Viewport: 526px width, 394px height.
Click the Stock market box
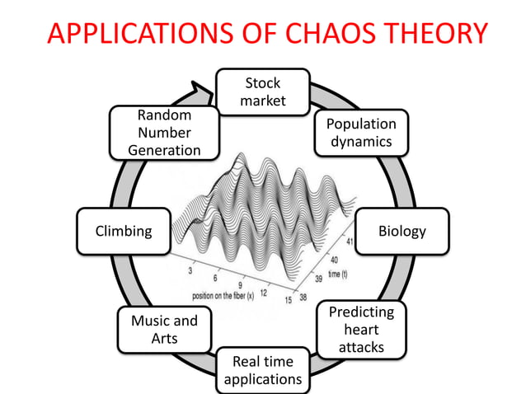262,91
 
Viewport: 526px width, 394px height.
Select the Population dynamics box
361,133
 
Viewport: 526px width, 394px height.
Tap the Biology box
402,231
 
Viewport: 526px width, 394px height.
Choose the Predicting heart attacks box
361,329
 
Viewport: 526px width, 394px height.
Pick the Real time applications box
262,370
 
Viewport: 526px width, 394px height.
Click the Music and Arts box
164,329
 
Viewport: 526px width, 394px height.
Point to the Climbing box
124,231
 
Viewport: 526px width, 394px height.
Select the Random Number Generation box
164,133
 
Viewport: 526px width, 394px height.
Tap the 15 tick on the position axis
288,299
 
